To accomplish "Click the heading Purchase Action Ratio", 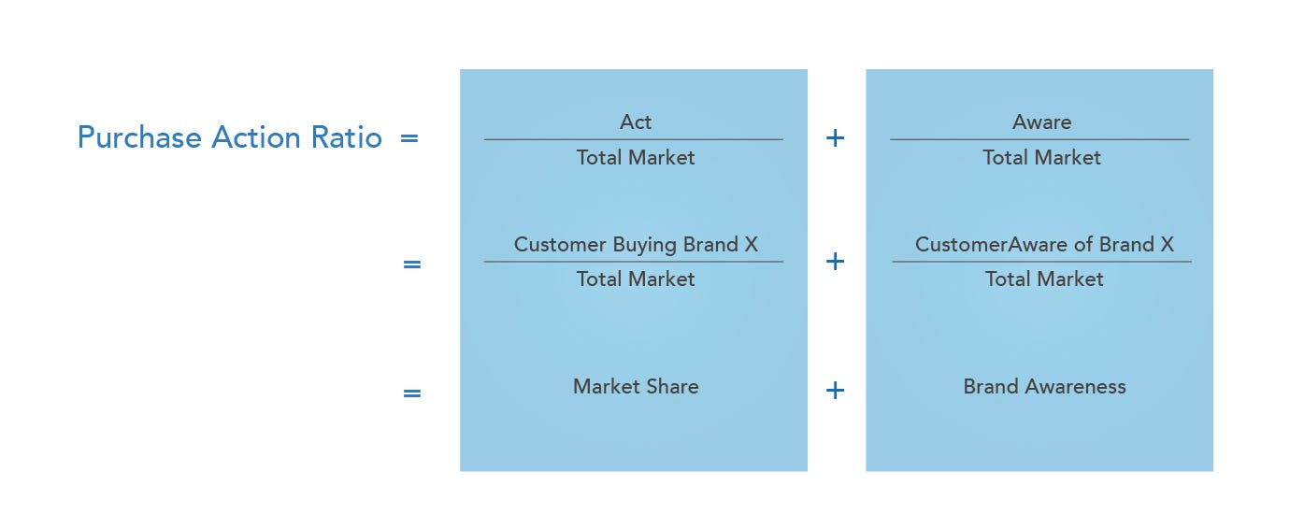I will pyautogui.click(x=229, y=137).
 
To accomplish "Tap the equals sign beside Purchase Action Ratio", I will pyautogui.click(x=408, y=138).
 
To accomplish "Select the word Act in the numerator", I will pyautogui.click(x=636, y=122).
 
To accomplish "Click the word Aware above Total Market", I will pyautogui.click(x=1041, y=122).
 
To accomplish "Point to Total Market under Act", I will pyautogui.click(x=636, y=158).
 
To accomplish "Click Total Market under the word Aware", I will pyautogui.click(x=1041, y=158).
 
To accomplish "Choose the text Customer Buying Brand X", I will pyautogui.click(x=636, y=245).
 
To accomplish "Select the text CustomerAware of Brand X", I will pyautogui.click(x=1044, y=245).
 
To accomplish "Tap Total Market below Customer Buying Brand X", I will pyautogui.click(x=636, y=279).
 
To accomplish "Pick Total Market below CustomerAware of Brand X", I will pyautogui.click(x=1044, y=279).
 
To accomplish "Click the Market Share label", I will pyautogui.click(x=636, y=387).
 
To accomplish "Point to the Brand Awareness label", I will pyautogui.click(x=1044, y=387).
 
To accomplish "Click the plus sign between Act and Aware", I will pyautogui.click(x=836, y=138).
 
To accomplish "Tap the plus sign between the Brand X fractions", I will pyautogui.click(x=836, y=262).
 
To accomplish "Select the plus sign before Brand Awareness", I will pyautogui.click(x=836, y=390).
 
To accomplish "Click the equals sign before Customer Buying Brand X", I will pyautogui.click(x=411, y=264).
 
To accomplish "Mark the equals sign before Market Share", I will pyautogui.click(x=411, y=393).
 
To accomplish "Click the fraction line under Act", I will pyautogui.click(x=634, y=140).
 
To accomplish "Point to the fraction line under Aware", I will pyautogui.click(x=1039, y=140).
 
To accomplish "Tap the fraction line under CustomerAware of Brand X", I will pyautogui.click(x=1042, y=262).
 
